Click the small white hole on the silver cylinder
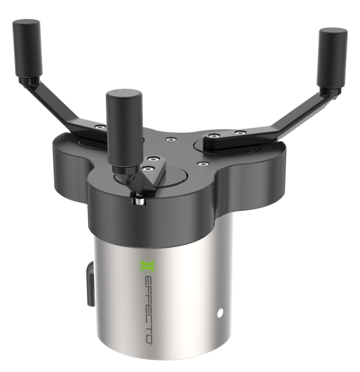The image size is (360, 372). click(220, 313)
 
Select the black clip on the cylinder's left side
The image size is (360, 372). click(90, 283)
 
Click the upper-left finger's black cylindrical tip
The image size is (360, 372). click(28, 48)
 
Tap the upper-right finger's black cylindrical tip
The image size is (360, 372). click(333, 58)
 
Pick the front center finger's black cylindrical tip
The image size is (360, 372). click(124, 127)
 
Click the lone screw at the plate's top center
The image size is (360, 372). click(170, 139)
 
